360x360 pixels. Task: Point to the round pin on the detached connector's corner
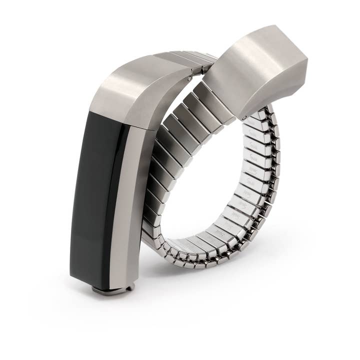(x=243, y=118)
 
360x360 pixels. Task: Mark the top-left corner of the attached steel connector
(x=92, y=107)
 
